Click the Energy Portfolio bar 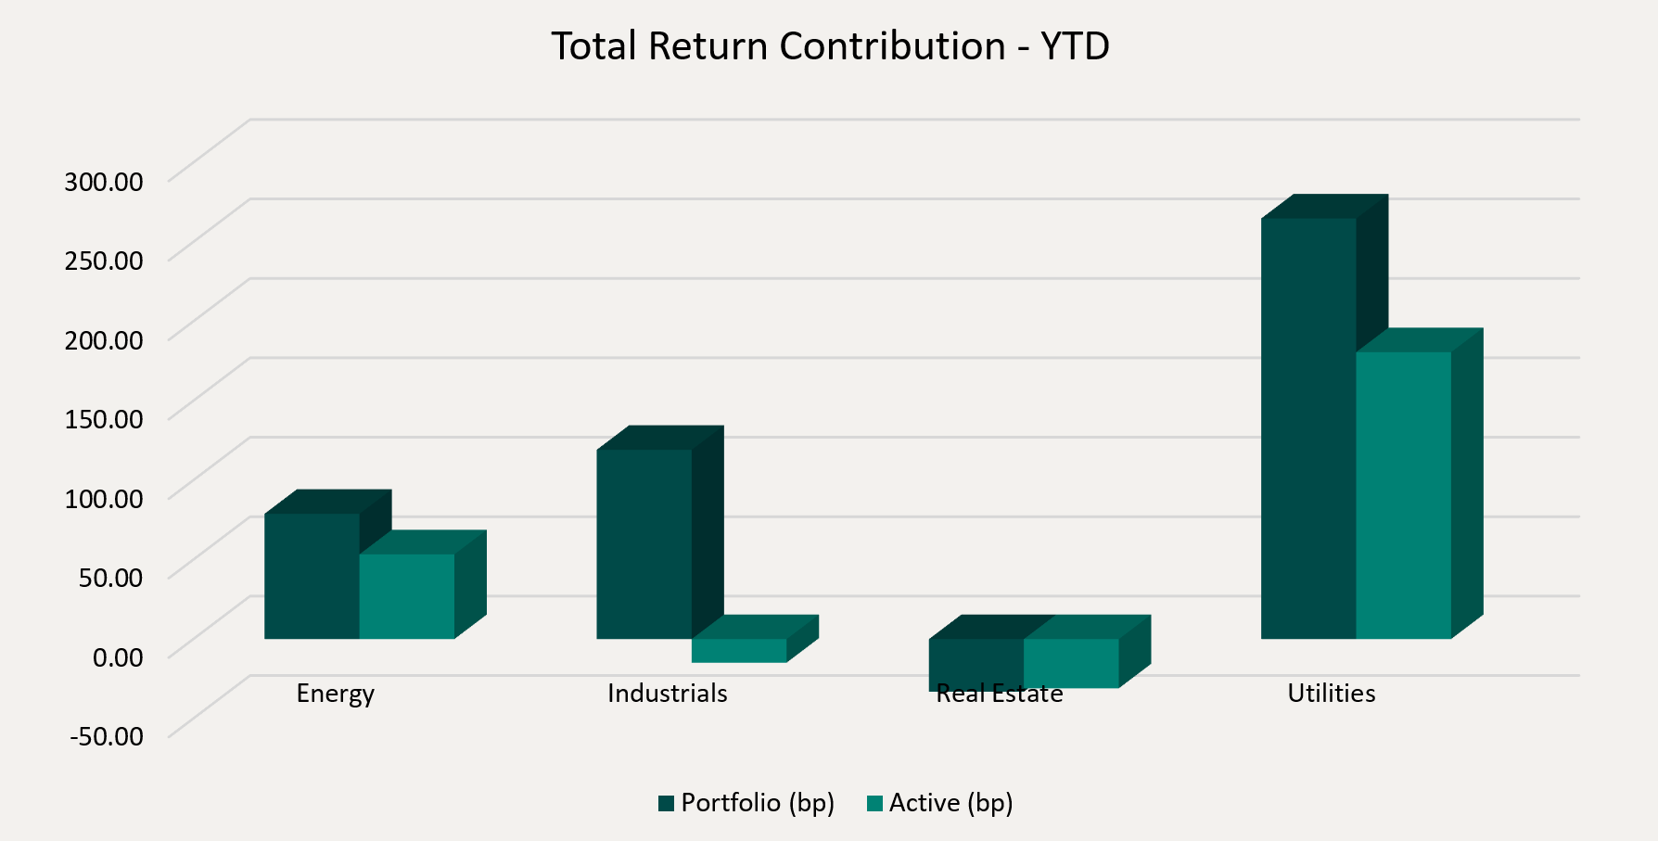[x=312, y=576]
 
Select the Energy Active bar [x=407, y=596]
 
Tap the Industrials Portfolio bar [x=644, y=544]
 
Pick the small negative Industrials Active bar [x=739, y=651]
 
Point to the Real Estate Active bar [x=1071, y=663]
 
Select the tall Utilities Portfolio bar [x=1308, y=428]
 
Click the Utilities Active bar [x=1403, y=495]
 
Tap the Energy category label [x=335, y=694]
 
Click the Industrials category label [x=667, y=694]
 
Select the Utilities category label [x=1331, y=694]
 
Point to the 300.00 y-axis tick [x=104, y=181]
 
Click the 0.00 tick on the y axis [x=118, y=657]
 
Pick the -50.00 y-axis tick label [x=107, y=737]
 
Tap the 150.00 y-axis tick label [x=104, y=419]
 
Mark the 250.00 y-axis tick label [x=104, y=260]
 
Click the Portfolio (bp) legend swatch [x=666, y=803]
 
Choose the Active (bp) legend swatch [x=874, y=803]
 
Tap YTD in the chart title [x=1075, y=46]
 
